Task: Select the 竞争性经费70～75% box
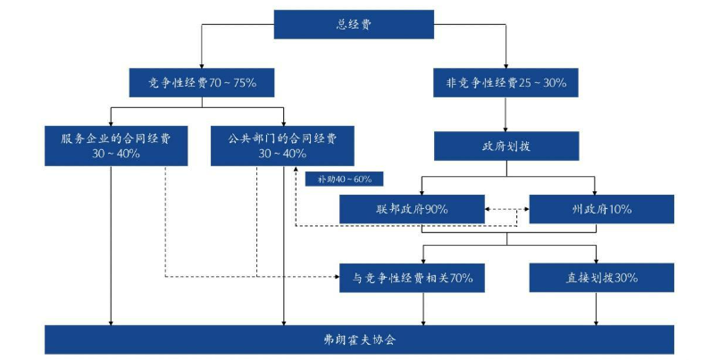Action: [x=201, y=83]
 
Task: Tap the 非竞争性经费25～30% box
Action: [x=506, y=83]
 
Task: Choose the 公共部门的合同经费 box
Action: [x=282, y=145]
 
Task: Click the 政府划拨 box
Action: [x=506, y=147]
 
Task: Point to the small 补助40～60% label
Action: [x=338, y=179]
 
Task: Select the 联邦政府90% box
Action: [x=412, y=209]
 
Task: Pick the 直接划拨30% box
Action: [x=601, y=278]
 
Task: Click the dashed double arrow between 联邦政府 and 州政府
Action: [x=506, y=211]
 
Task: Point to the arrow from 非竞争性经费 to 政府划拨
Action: [x=506, y=114]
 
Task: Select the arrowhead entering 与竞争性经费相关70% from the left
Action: [x=335, y=277]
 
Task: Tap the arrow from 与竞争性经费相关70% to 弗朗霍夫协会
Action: [x=423, y=309]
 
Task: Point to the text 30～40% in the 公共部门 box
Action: [x=282, y=153]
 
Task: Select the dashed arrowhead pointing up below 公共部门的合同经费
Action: [x=295, y=172]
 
